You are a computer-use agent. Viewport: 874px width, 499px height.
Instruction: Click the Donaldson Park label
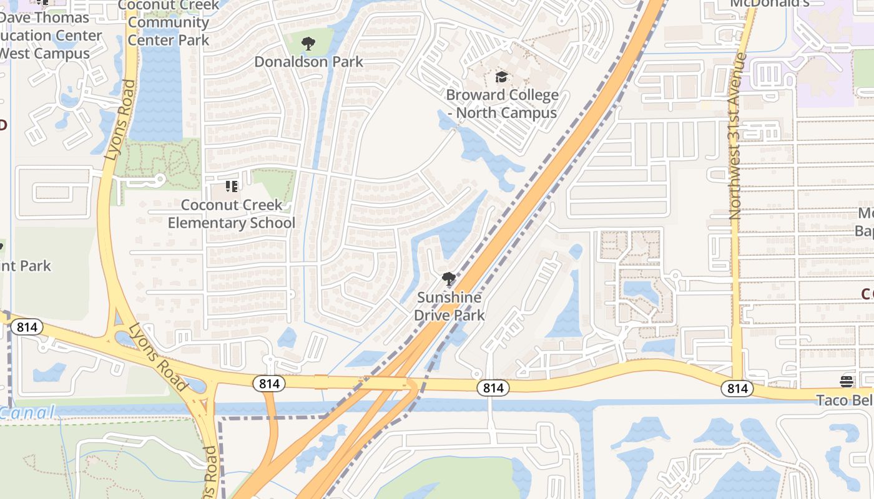pyautogui.click(x=308, y=62)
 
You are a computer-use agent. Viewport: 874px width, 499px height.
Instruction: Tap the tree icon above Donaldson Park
pyautogui.click(x=308, y=44)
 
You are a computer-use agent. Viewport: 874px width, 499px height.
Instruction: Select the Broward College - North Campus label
pyautogui.click(x=502, y=104)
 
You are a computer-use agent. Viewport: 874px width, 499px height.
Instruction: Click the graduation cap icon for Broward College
pyautogui.click(x=501, y=77)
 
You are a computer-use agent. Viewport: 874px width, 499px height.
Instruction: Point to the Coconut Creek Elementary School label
pyautogui.click(x=232, y=214)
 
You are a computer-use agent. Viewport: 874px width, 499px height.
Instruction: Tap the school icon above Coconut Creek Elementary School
pyautogui.click(x=232, y=186)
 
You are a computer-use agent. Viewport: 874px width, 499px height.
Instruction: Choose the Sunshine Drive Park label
pyautogui.click(x=449, y=306)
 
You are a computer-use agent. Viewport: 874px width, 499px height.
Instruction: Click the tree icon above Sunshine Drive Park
pyautogui.click(x=448, y=279)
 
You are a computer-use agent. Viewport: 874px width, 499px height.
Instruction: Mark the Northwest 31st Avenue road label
pyautogui.click(x=739, y=135)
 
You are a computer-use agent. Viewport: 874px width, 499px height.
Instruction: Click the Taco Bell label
pyautogui.click(x=845, y=400)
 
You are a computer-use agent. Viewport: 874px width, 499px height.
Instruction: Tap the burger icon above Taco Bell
pyautogui.click(x=847, y=381)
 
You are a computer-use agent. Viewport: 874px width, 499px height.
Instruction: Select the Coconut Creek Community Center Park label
pyautogui.click(x=169, y=22)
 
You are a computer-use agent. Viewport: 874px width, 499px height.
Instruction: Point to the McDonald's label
pyautogui.click(x=770, y=3)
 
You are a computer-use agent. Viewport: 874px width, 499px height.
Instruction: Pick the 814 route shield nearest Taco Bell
pyautogui.click(x=737, y=389)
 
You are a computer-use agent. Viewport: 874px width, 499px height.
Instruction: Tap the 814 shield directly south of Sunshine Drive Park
pyautogui.click(x=493, y=388)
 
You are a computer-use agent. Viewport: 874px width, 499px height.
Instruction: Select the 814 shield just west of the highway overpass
pyautogui.click(x=269, y=384)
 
